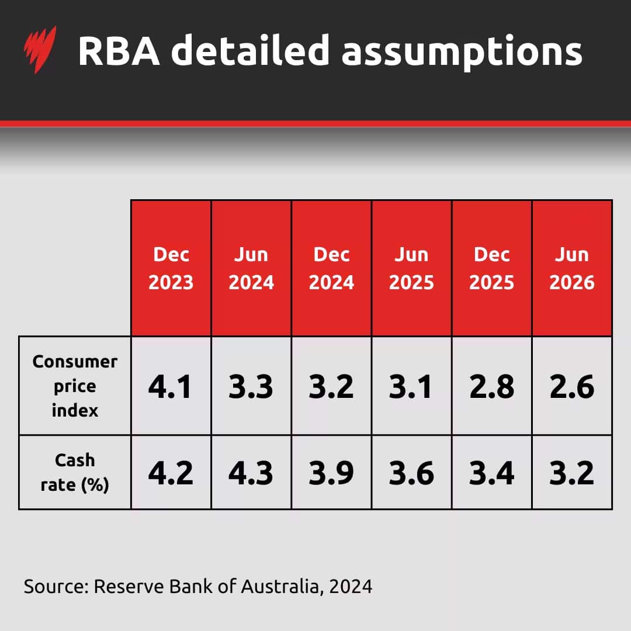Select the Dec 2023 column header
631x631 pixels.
pos(171,269)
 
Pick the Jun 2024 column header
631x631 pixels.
pos(251,269)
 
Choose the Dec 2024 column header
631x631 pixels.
pos(331,269)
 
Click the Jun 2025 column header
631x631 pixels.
pos(411,269)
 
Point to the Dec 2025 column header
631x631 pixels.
pos(491,269)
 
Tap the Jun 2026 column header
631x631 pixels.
pos(572,269)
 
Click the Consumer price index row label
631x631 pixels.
pos(75,386)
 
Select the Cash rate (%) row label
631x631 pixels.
pos(75,472)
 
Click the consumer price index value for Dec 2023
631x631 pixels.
pos(171,387)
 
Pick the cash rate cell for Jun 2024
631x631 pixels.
pos(251,473)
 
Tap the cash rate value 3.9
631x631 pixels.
pos(331,473)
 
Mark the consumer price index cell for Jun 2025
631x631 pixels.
pos(411,387)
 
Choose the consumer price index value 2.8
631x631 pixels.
pos(491,387)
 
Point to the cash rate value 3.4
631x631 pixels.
pos(491,473)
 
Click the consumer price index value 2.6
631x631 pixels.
pos(572,387)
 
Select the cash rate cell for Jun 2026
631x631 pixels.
pos(572,473)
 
